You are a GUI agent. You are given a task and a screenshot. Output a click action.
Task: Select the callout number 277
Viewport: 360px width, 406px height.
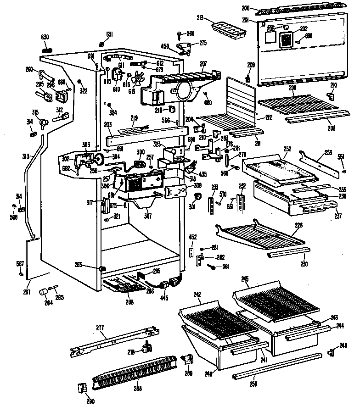(100, 328)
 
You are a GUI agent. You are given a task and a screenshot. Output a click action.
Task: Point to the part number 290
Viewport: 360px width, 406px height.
(90, 402)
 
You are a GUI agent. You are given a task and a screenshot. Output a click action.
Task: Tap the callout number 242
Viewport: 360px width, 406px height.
(197, 294)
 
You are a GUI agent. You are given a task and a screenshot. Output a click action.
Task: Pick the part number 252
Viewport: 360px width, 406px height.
(288, 149)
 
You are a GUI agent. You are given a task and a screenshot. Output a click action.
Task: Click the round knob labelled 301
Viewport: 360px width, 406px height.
(198, 197)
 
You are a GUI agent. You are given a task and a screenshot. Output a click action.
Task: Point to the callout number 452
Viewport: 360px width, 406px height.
(192, 237)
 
